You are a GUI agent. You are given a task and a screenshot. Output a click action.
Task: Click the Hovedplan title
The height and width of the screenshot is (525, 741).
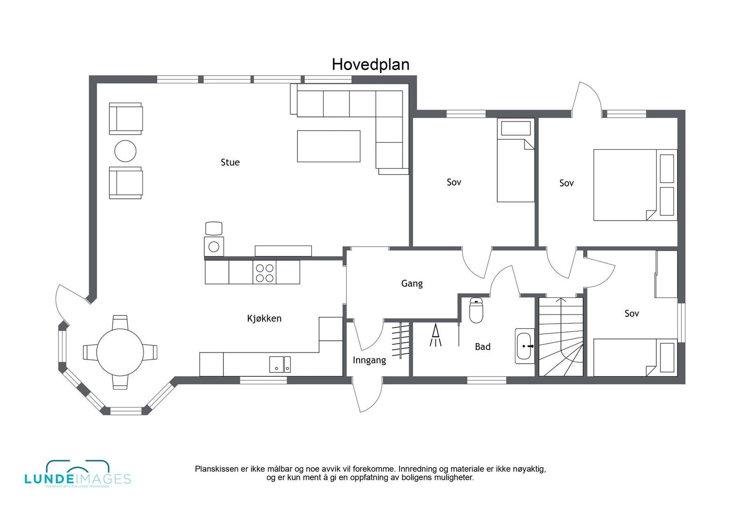point(370,64)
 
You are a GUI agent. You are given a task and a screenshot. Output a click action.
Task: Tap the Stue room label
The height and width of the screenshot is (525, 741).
point(230,162)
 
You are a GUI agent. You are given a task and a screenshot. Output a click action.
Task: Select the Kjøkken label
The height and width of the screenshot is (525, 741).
point(264,318)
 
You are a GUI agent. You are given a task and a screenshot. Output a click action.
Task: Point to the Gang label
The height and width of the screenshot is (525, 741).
point(412,283)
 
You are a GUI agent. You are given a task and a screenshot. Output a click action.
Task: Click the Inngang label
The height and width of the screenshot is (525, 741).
point(369,360)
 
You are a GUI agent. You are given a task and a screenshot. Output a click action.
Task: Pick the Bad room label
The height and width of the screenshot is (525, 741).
point(483,346)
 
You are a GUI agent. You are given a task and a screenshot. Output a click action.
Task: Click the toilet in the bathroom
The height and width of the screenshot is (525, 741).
point(476,310)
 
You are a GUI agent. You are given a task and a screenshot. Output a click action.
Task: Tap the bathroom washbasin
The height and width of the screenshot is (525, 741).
point(525,346)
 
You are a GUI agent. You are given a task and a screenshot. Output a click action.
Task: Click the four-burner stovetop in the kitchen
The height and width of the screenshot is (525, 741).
point(264,273)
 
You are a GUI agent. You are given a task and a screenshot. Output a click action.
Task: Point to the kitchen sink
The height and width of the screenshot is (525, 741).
point(280,364)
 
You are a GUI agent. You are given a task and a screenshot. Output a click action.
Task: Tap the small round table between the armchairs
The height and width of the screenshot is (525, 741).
point(126,151)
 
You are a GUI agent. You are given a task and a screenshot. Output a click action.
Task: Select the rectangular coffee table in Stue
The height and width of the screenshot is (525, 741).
point(328,146)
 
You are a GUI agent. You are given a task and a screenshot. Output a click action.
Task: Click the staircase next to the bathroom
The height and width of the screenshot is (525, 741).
point(561,337)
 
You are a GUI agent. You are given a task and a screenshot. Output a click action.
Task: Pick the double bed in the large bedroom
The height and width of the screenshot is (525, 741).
point(634,185)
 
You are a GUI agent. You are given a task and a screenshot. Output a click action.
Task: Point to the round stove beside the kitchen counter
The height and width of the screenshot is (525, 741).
point(214,247)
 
